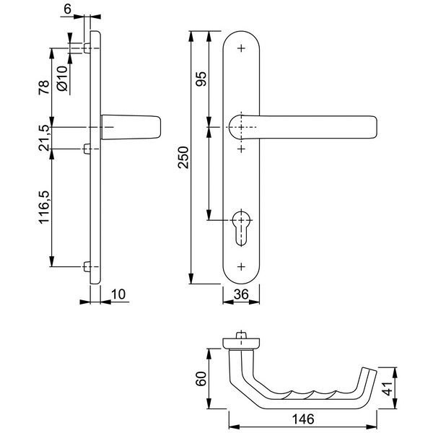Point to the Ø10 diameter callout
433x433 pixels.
[x=62, y=78]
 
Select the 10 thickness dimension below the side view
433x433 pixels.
[x=119, y=294]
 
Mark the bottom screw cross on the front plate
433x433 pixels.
[x=240, y=267]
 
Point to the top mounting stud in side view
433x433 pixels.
[x=87, y=48]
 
